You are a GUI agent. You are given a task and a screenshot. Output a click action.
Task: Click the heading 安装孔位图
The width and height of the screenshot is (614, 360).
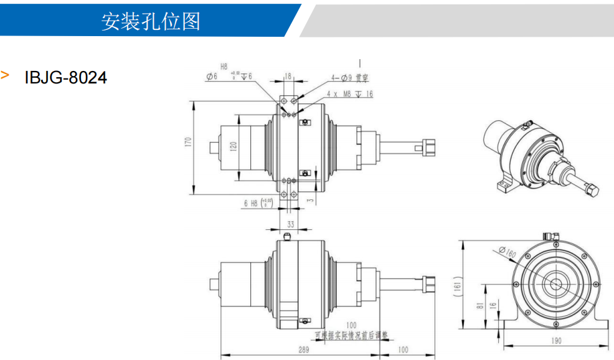click(x=151, y=21)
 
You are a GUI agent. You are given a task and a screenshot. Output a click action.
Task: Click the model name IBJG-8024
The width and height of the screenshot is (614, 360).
click(x=65, y=77)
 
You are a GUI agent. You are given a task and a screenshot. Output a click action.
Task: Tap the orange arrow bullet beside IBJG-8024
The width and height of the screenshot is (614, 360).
click(x=6, y=75)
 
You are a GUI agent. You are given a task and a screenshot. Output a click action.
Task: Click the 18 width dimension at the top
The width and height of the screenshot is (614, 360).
click(x=288, y=76)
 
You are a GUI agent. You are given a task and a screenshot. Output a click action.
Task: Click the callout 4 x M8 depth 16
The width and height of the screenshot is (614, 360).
click(x=349, y=93)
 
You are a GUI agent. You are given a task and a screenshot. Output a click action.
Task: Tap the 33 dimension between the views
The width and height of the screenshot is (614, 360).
click(x=290, y=224)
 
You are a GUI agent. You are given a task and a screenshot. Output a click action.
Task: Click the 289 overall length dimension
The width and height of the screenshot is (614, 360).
click(x=303, y=349)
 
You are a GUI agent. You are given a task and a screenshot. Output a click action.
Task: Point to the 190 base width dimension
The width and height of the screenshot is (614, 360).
click(x=555, y=341)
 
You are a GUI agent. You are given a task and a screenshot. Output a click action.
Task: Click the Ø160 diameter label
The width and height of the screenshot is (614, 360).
click(x=508, y=253)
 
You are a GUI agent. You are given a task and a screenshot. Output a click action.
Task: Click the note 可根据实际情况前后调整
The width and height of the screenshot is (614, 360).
click(x=352, y=335)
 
